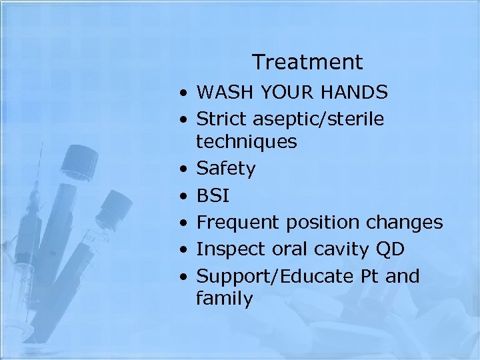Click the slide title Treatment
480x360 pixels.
coord(307,62)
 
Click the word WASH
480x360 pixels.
coord(224,91)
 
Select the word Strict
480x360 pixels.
coord(222,119)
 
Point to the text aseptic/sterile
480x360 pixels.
coord(318,120)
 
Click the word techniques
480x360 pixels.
coord(246,142)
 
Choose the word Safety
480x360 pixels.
coord(225,169)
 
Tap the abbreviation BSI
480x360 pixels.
coord(213,195)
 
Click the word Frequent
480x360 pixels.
coord(233,223)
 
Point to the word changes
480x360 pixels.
coord(405,223)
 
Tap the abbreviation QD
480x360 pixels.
coord(390,249)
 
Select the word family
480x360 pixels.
coord(224,299)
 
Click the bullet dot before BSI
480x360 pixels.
coord(182,197)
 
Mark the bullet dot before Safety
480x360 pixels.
coord(182,169)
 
